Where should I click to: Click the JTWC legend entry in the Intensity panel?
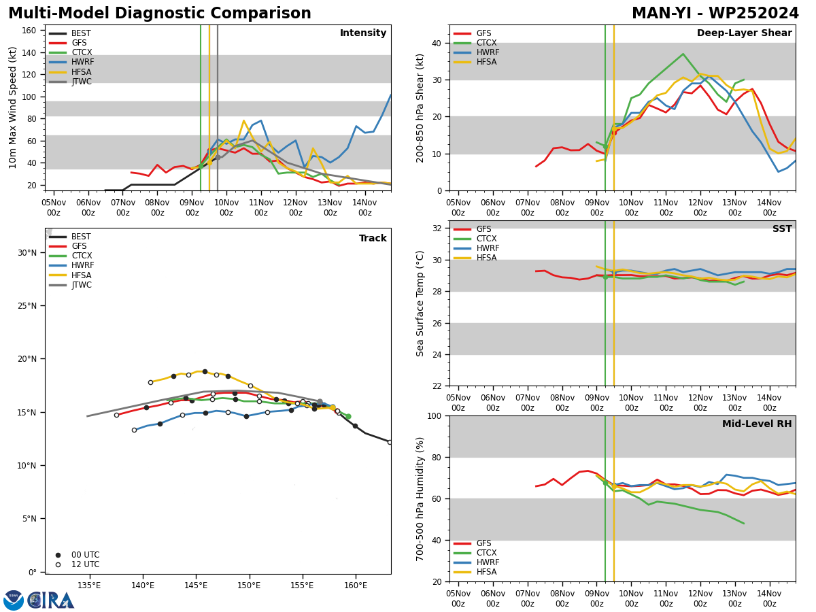70,82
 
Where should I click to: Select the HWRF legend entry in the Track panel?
71,265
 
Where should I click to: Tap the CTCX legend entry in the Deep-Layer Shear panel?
475,43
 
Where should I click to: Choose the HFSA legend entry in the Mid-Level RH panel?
475,572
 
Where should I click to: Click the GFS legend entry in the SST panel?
472,229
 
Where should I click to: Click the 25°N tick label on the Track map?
27,306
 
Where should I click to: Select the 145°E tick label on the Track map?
196,585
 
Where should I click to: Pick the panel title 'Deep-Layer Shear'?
744,33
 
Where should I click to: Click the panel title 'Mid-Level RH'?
757,424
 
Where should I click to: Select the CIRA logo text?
51,600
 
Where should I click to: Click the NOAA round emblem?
14,600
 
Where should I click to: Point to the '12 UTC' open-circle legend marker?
58,564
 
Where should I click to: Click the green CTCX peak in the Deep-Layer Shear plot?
683,54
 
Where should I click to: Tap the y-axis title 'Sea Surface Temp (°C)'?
420,303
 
